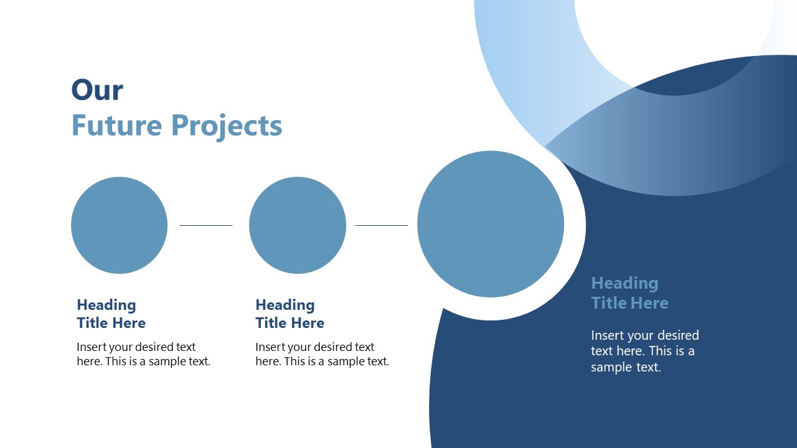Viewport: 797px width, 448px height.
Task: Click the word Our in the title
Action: click(97, 90)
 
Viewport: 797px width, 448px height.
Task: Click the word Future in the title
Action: click(116, 125)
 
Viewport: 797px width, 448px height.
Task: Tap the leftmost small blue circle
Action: click(119, 225)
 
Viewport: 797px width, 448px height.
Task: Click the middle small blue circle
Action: click(297, 225)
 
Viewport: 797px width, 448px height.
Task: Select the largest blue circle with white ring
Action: click(490, 224)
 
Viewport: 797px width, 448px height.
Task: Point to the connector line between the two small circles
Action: click(205, 225)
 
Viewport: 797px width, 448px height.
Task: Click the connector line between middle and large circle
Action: click(381, 225)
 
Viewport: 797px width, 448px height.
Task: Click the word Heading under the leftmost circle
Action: click(106, 305)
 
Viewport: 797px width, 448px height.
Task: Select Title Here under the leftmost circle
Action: click(111, 323)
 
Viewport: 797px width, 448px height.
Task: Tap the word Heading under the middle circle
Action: click(285, 305)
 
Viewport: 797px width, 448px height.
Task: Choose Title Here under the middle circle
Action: click(290, 323)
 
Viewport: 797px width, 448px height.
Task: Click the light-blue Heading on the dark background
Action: click(625, 284)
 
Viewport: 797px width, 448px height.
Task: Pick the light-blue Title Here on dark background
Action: click(630, 303)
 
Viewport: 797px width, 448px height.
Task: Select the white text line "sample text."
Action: click(625, 367)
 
